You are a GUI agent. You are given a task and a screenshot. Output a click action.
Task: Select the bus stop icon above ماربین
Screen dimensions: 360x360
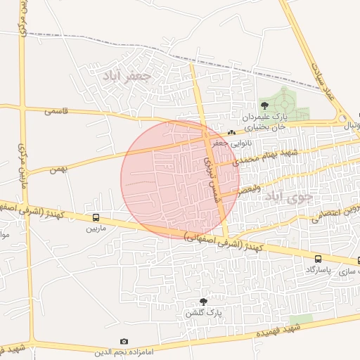coord(96,217)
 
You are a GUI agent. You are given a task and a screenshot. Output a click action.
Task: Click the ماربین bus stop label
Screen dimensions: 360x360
coord(96,229)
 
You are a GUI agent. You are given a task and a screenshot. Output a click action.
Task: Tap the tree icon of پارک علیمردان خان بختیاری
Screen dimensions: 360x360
coord(264,105)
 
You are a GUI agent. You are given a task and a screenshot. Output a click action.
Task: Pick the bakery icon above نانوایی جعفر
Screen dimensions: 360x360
coord(231,133)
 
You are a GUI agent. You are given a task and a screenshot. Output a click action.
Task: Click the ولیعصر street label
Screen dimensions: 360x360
coord(250,189)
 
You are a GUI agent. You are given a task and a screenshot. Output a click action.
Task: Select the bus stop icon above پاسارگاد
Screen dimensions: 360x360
coord(318,259)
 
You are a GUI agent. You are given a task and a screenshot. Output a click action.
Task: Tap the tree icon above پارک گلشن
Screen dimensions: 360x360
coord(204,301)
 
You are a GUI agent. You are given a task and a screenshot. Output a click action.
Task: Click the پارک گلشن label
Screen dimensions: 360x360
coord(204,312)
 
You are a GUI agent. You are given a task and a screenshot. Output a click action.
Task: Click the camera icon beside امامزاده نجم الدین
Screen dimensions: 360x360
coord(124,341)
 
